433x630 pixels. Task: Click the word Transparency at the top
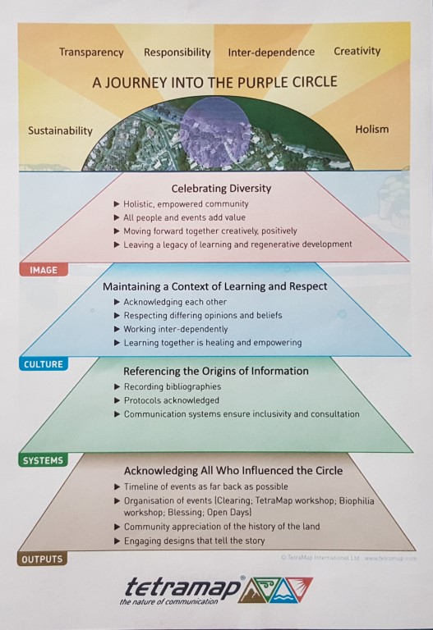(x=91, y=52)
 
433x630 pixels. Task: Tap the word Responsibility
(x=177, y=52)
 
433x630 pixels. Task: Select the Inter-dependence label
(x=271, y=52)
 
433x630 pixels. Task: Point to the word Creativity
(x=357, y=51)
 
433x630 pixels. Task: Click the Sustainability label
(x=60, y=131)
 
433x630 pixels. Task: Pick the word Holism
(x=372, y=130)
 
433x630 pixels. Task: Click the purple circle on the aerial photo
(x=214, y=132)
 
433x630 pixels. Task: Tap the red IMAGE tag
(x=44, y=270)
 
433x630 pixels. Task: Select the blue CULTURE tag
(x=44, y=364)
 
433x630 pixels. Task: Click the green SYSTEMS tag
(x=43, y=460)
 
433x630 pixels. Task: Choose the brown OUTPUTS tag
(x=42, y=559)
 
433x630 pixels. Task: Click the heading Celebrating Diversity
(x=221, y=189)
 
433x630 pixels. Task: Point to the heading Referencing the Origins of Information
(x=216, y=372)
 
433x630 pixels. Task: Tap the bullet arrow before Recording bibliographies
(x=117, y=387)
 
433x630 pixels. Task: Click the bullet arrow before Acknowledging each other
(x=117, y=302)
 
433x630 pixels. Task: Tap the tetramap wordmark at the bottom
(x=184, y=588)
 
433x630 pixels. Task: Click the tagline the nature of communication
(x=168, y=602)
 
